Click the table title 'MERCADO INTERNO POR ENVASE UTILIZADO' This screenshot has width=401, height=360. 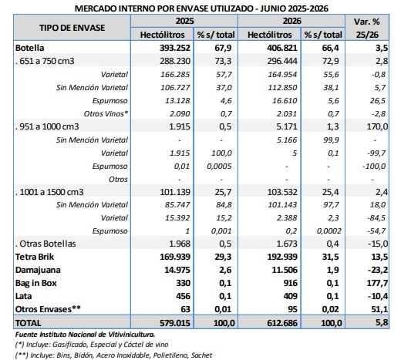coord(165,8)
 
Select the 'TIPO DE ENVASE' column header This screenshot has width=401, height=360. coord(72,28)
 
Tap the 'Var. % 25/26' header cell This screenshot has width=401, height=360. coord(367,28)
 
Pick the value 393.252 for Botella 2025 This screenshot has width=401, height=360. coord(175,48)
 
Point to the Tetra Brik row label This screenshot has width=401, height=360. coord(35,257)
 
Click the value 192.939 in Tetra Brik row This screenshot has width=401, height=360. coord(282,257)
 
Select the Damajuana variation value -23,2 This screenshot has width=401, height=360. coord(378,270)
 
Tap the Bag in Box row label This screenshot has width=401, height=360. coord(35,283)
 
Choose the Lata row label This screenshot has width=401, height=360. coord(23,296)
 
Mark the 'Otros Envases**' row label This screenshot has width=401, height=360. coord(48,309)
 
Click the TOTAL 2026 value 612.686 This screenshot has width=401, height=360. coord(282,323)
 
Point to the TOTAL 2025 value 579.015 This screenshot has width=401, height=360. coord(175,323)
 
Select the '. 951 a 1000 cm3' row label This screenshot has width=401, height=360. coord(47,126)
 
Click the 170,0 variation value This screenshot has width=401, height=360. coord(377,126)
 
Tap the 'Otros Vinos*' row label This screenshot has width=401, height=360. coord(106,113)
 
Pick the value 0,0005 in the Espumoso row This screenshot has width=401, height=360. coord(219,167)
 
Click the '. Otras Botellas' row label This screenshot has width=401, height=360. coord(45,244)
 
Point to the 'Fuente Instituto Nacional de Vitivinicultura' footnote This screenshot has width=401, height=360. coord(85,335)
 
